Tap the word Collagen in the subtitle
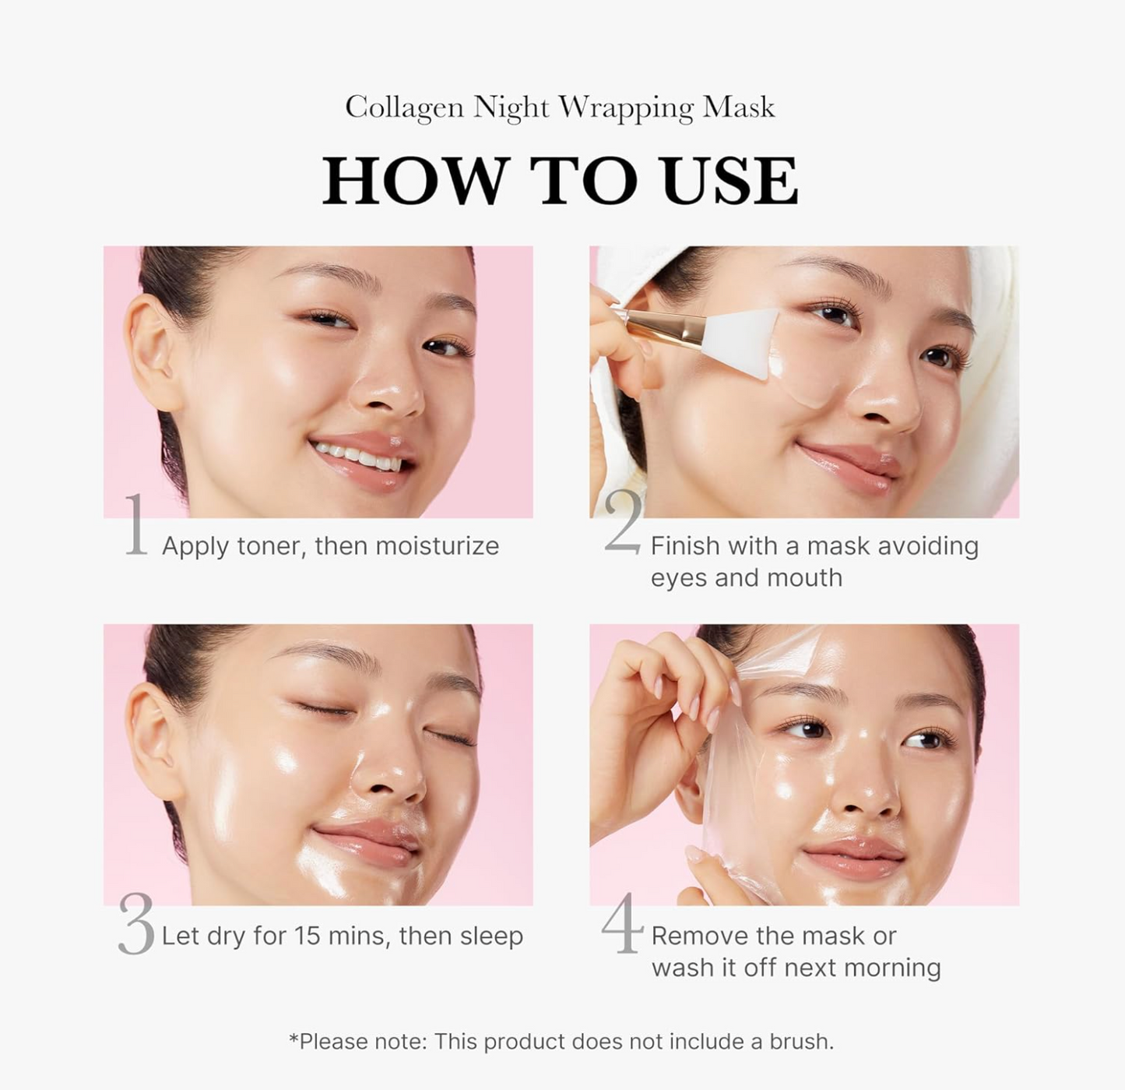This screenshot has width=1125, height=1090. click(x=404, y=108)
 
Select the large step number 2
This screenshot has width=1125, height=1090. click(x=624, y=523)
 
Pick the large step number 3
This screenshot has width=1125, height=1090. click(x=136, y=925)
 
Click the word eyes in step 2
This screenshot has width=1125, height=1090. click(x=678, y=578)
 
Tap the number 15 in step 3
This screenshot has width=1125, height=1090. click(x=307, y=936)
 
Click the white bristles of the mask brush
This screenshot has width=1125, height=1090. click(x=740, y=343)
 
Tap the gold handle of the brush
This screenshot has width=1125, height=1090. click(x=658, y=325)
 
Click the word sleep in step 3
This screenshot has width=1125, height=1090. click(x=491, y=936)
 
